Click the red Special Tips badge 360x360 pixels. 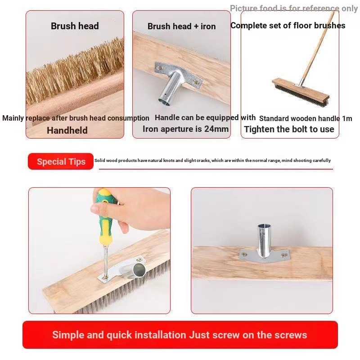tap(61, 162)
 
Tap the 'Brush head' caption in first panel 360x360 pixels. tap(75, 26)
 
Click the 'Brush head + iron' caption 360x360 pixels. tap(181, 26)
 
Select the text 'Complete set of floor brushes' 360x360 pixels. tap(288, 26)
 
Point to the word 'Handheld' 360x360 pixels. tap(67, 130)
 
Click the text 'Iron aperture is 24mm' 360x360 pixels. tap(186, 129)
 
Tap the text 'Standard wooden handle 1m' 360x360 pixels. tap(306, 119)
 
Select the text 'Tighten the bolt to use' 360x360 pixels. tap(289, 130)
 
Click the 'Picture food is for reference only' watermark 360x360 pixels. tap(293, 9)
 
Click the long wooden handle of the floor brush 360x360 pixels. tap(317, 45)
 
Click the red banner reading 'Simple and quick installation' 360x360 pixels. tap(180, 335)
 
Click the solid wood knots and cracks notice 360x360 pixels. tap(212, 161)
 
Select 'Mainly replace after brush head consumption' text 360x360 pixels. tap(76, 118)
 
